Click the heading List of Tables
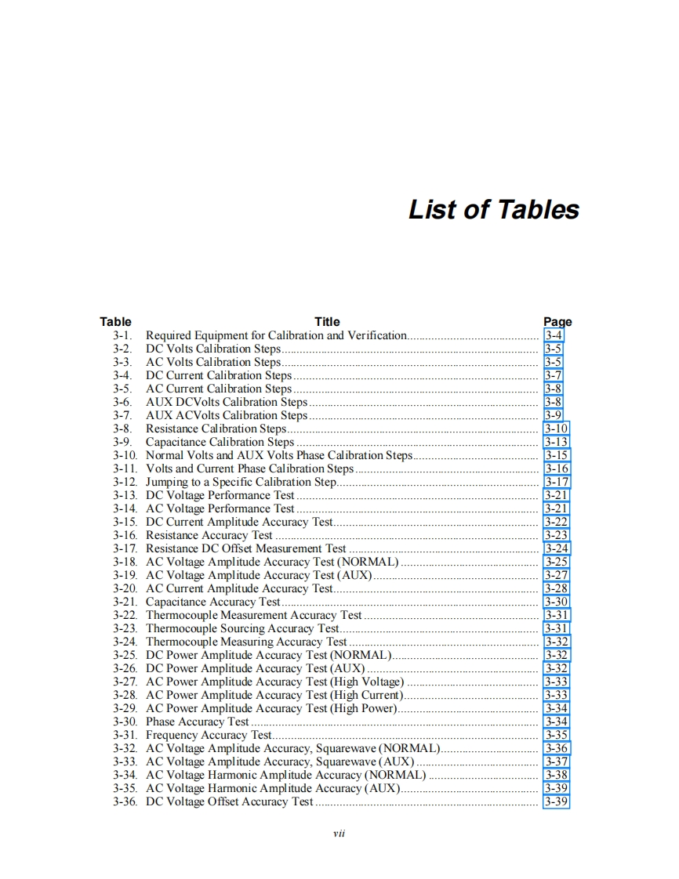(x=493, y=210)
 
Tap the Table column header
(x=115, y=321)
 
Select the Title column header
(x=327, y=321)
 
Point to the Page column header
(x=557, y=321)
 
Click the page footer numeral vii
(x=339, y=833)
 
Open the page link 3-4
(x=554, y=335)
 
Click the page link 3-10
(x=556, y=429)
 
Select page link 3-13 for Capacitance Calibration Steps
(x=556, y=442)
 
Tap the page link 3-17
(x=557, y=482)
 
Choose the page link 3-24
(x=557, y=548)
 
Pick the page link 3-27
(x=556, y=575)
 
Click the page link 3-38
(x=557, y=775)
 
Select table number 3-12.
(x=125, y=482)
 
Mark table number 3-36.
(x=125, y=801)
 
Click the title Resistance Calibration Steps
(x=216, y=429)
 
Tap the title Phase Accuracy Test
(x=198, y=722)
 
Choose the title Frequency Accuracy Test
(x=209, y=735)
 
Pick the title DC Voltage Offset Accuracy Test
(x=230, y=801)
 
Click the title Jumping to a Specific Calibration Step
(x=241, y=482)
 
